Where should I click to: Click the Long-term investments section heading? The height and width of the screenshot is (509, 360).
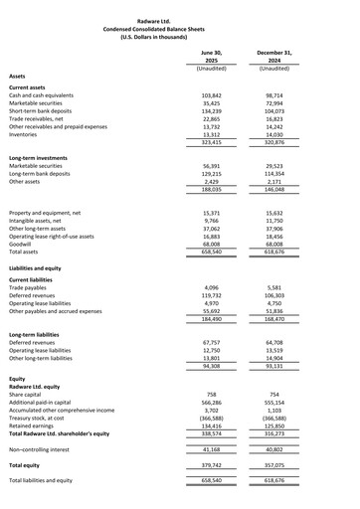44,158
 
